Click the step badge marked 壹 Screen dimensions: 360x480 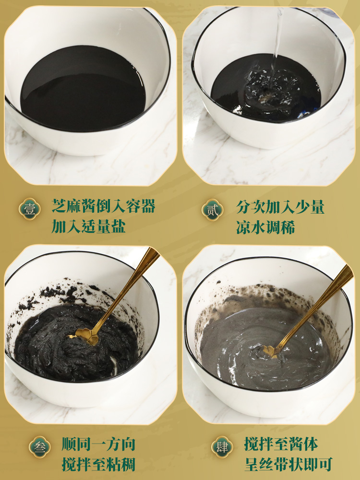point(30,210)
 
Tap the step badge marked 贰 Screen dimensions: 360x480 point(213,210)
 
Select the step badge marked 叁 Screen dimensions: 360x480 point(39,447)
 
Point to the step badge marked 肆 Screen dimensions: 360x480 point(222,447)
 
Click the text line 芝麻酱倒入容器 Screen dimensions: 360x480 point(104,206)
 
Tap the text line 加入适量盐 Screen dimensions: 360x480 point(88,227)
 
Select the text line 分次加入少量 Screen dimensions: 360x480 point(280,206)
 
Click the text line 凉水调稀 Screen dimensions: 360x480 point(265,228)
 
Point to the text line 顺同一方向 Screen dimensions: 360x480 point(98,444)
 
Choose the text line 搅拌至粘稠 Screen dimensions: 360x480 point(98,464)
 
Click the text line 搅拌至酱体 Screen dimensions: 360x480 point(281,444)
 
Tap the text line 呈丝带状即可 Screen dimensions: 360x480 point(288,464)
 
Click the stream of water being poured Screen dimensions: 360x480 point(277,37)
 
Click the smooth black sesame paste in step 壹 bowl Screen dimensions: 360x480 point(83,89)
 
